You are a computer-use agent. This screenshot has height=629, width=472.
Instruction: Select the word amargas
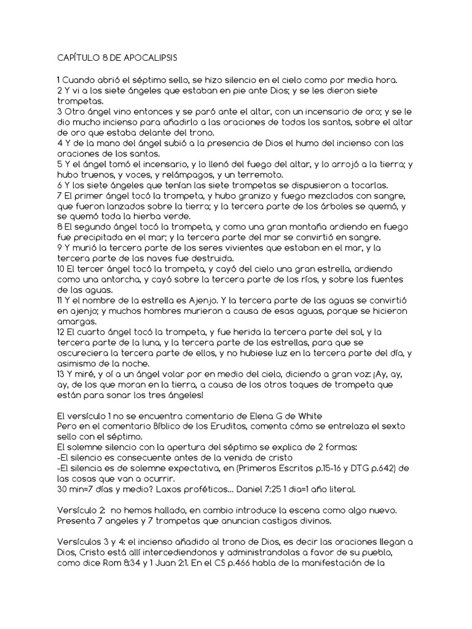click(x=73, y=321)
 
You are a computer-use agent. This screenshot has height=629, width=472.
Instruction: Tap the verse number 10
click(x=61, y=269)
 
